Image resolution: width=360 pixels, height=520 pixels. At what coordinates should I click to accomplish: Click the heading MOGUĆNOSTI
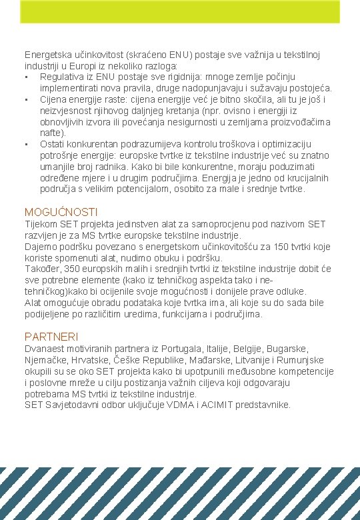coord(61,212)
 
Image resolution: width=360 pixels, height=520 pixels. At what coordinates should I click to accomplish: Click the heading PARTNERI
coord(51,337)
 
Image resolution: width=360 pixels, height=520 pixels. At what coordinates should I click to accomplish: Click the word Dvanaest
coord(44,349)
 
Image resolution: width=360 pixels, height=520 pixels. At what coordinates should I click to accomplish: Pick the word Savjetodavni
coord(73,405)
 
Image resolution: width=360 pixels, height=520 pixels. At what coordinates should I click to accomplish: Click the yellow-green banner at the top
coord(180,12)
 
